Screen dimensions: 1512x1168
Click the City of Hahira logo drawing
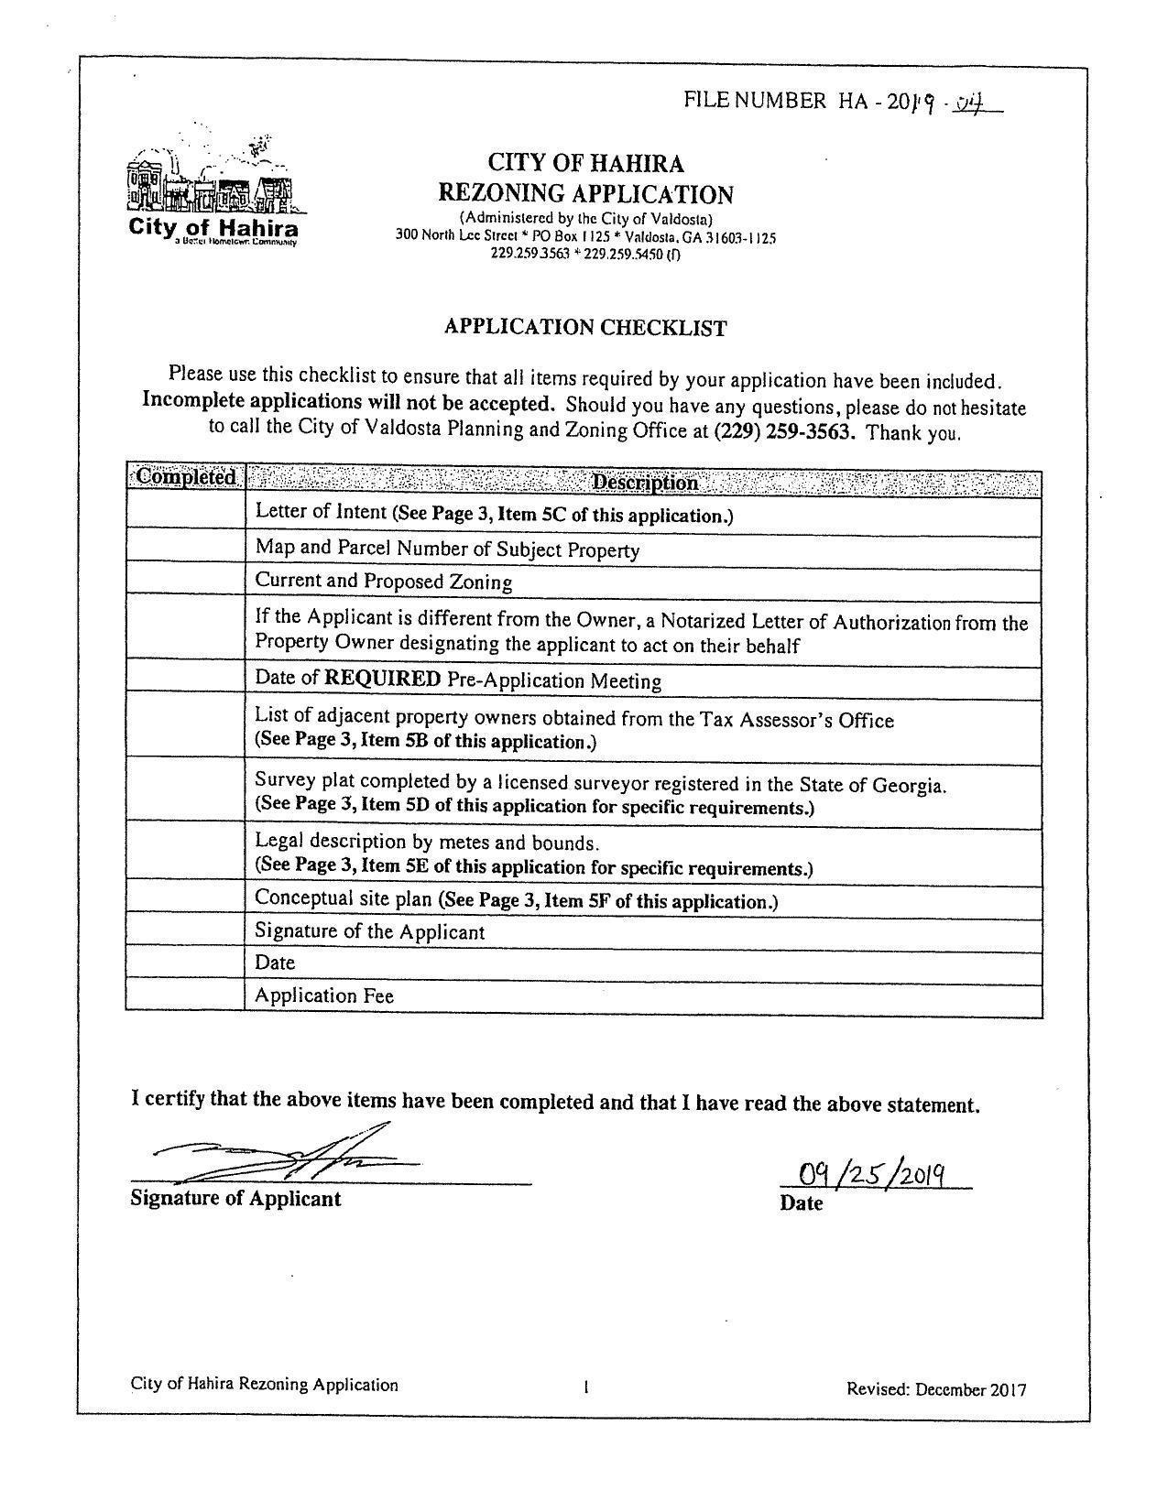coord(212,183)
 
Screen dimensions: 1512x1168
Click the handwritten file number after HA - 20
coord(953,103)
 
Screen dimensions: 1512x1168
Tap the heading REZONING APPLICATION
coord(585,194)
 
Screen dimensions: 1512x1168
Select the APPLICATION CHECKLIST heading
coord(585,327)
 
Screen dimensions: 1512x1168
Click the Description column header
coord(644,483)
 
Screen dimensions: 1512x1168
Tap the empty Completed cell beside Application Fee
coord(185,995)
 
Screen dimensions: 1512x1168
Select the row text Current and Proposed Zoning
coord(383,582)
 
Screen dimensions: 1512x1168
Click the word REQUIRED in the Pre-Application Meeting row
coord(383,679)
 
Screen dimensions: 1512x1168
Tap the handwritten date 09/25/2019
coord(871,1173)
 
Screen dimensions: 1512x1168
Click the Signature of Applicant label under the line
coord(235,1199)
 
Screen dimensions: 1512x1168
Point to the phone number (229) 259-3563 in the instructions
coord(784,431)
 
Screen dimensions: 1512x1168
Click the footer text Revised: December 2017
coord(936,1389)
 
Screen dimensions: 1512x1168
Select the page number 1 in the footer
coord(585,1387)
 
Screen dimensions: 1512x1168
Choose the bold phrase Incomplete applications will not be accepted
coord(348,403)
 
